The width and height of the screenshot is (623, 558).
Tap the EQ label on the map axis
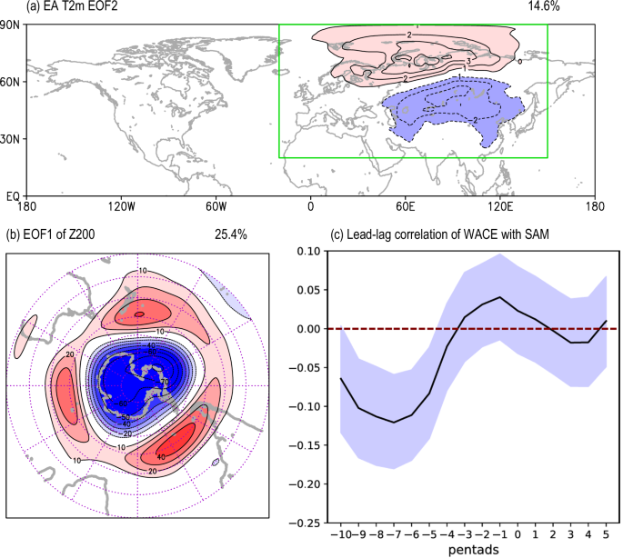tap(13, 195)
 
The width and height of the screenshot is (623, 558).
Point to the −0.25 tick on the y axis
tap(281, 523)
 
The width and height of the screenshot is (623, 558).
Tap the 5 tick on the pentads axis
tap(605, 535)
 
